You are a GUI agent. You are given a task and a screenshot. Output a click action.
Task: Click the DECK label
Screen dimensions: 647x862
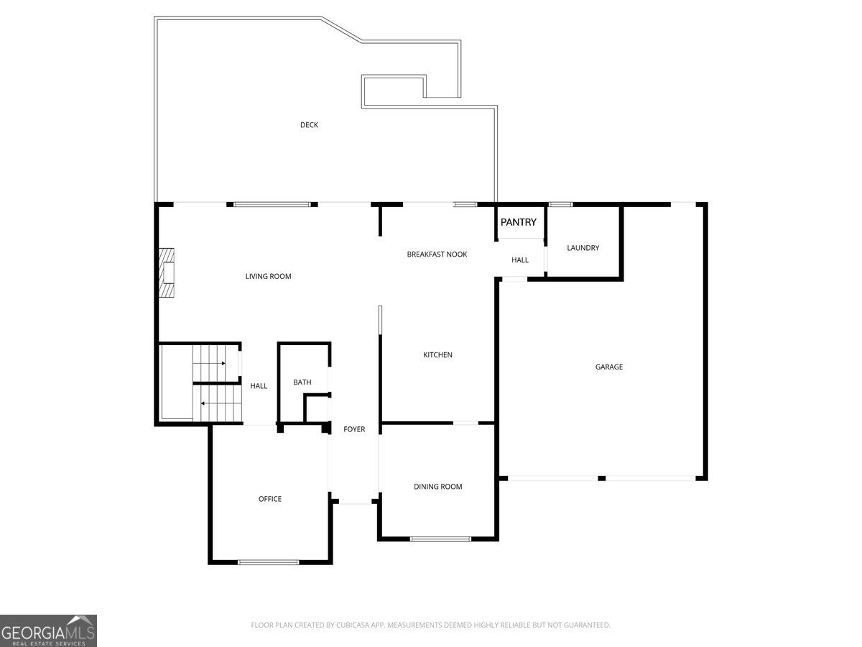click(x=309, y=125)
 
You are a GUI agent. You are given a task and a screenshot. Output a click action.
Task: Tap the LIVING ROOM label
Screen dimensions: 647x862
click(x=269, y=276)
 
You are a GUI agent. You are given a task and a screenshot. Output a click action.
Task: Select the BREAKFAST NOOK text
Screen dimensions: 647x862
click(x=437, y=254)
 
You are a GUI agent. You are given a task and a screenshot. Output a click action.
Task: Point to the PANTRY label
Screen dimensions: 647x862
click(x=519, y=222)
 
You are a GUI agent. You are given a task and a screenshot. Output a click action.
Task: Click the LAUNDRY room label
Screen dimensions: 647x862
click(x=583, y=248)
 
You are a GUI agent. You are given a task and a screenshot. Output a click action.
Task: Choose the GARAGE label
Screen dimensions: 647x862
click(x=609, y=367)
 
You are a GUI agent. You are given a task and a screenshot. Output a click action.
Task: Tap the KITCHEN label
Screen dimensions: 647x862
click(x=437, y=355)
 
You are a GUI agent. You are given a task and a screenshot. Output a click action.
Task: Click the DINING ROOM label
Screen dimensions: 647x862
click(x=438, y=487)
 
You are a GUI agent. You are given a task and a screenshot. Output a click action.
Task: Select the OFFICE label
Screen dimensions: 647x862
click(x=270, y=499)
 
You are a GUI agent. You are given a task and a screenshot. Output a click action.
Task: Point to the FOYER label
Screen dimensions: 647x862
click(x=354, y=429)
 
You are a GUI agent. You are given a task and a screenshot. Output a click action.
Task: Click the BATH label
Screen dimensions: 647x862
click(x=302, y=382)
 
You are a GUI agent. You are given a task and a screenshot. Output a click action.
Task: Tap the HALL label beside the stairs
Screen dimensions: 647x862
click(x=259, y=386)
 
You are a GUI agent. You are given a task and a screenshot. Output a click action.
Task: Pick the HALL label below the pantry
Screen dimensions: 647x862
click(x=520, y=260)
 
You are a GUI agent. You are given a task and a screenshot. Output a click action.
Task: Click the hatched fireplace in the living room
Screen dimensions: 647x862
click(x=167, y=273)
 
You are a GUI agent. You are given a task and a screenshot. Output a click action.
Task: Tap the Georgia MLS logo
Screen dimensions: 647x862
click(x=48, y=630)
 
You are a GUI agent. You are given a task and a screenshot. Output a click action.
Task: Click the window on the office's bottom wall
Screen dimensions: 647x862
click(x=268, y=562)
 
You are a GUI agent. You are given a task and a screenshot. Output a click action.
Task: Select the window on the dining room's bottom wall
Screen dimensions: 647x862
click(x=440, y=538)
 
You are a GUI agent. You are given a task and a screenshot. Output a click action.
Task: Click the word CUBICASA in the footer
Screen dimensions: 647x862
click(x=356, y=625)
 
